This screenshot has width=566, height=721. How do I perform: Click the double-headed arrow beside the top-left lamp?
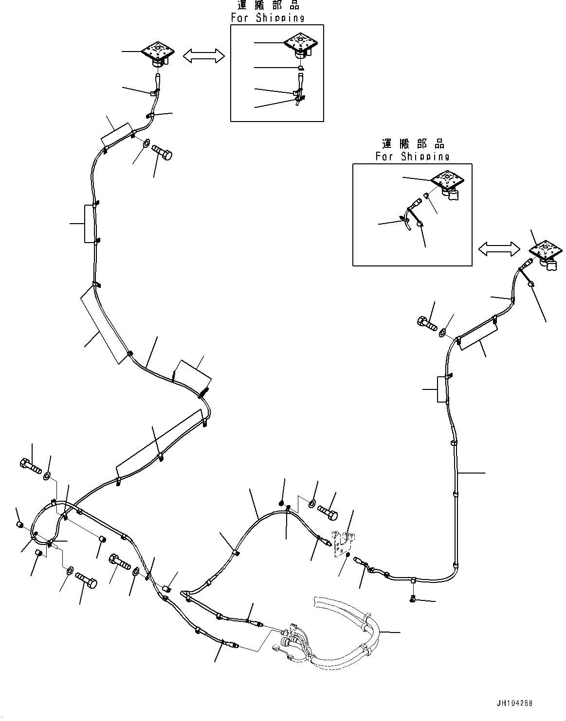[203, 56]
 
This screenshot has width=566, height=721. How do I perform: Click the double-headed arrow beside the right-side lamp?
[499, 249]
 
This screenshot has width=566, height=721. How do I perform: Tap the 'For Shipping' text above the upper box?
[268, 18]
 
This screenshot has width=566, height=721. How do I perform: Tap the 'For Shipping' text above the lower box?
[412, 156]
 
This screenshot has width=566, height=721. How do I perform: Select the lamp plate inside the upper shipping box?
[301, 42]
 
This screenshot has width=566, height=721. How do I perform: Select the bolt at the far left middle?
[31, 465]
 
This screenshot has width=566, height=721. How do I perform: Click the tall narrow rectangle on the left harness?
[89, 223]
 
